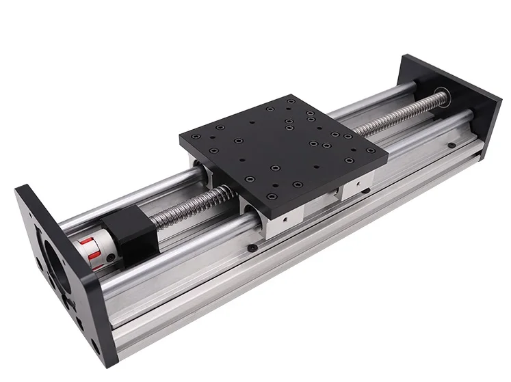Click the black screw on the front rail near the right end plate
[x=451, y=146]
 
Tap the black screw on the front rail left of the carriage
[x=254, y=247]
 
